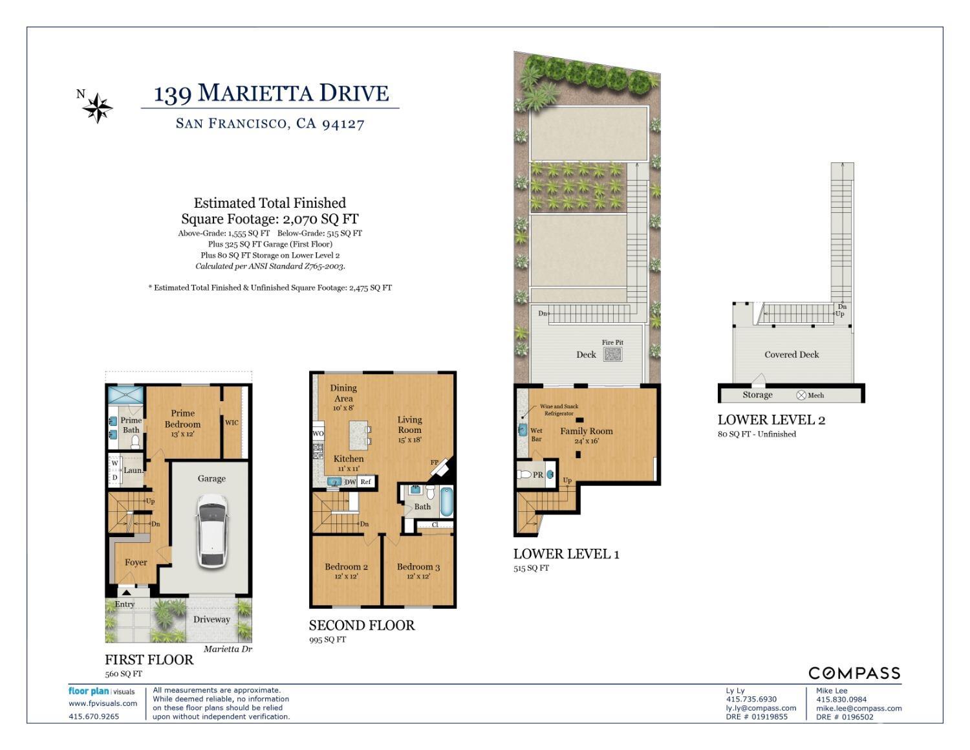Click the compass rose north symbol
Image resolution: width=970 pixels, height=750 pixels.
[97, 108]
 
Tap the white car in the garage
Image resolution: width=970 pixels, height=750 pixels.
[212, 530]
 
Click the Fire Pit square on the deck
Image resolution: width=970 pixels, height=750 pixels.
[612, 354]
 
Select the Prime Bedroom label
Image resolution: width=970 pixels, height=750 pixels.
[182, 419]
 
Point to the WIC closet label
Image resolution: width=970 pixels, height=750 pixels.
[232, 422]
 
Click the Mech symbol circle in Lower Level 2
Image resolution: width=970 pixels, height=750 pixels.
[801, 395]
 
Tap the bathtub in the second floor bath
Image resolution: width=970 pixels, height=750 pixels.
[446, 502]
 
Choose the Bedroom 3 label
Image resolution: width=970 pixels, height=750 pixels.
[418, 567]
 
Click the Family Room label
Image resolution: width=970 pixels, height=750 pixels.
[587, 431]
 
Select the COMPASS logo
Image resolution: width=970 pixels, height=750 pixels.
[854, 673]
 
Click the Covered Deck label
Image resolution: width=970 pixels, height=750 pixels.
[792, 355]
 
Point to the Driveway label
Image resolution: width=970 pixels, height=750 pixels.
[211, 619]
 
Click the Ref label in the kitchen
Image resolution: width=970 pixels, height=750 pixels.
[365, 481]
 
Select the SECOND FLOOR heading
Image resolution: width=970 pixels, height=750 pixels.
[361, 625]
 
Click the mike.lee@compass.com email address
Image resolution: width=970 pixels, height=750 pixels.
[859, 708]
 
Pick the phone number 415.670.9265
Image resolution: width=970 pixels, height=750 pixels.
[94, 716]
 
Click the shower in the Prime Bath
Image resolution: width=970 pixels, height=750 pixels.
[126, 395]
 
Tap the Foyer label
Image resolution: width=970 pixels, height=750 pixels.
[136, 562]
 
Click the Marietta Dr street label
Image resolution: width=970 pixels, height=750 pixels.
[228, 649]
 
